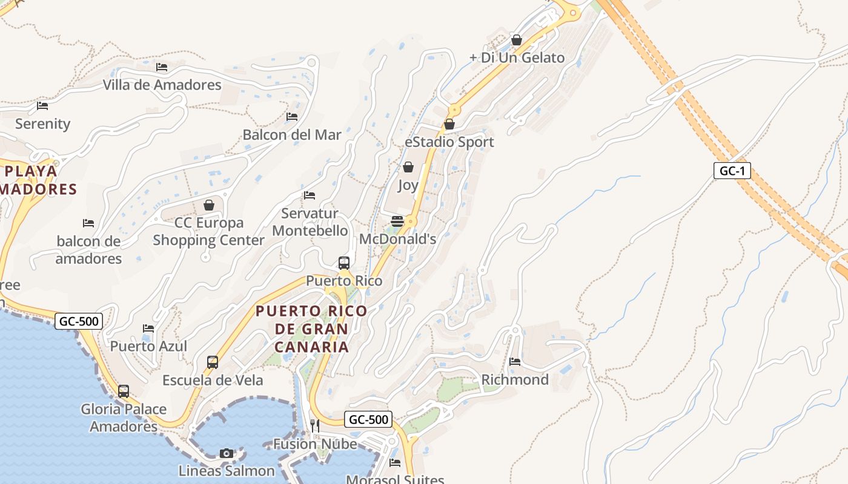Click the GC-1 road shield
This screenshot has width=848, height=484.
pyautogui.click(x=732, y=171)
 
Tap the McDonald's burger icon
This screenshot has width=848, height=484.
pyautogui.click(x=397, y=221)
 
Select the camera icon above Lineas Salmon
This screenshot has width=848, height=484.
pyautogui.click(x=227, y=453)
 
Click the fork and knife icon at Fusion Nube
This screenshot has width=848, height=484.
pyautogui.click(x=314, y=426)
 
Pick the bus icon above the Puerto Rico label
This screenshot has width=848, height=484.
pyautogui.click(x=344, y=263)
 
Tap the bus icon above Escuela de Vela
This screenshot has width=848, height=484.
pyautogui.click(x=213, y=362)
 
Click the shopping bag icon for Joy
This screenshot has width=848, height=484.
pyautogui.click(x=408, y=167)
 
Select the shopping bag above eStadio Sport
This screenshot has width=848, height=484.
pyautogui.click(x=449, y=124)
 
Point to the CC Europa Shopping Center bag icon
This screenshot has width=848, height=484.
pyautogui.click(x=209, y=205)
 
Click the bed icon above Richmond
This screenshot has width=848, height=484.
pyautogui.click(x=515, y=362)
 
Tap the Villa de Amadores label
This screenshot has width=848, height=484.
pyautogui.click(x=162, y=85)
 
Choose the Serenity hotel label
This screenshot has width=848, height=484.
pyautogui.click(x=42, y=124)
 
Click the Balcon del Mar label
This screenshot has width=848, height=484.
pyautogui.click(x=292, y=134)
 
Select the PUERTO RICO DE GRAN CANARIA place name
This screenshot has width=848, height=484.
pyautogui.click(x=311, y=329)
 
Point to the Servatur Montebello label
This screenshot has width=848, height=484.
pyautogui.click(x=310, y=222)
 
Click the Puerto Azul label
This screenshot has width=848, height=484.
pyautogui.click(x=148, y=346)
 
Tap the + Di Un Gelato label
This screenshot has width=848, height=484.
pyautogui.click(x=517, y=58)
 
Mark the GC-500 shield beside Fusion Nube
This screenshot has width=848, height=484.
pyautogui.click(x=368, y=419)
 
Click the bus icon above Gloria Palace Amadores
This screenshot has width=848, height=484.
pyautogui.click(x=124, y=391)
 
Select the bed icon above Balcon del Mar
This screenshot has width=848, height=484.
pyautogui.click(x=292, y=116)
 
